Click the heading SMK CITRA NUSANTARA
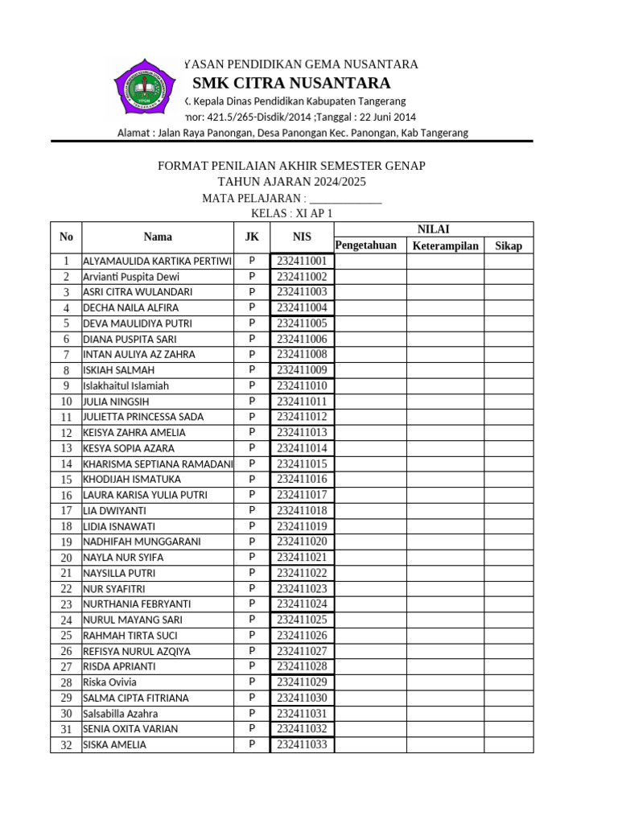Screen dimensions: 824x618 tap(291, 84)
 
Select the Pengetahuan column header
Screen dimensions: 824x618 tap(366, 245)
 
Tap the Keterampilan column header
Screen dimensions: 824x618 tap(445, 245)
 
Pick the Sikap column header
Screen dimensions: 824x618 tap(508, 245)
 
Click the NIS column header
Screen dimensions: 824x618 tap(302, 237)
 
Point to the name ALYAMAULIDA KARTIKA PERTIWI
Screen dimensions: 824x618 tap(157, 262)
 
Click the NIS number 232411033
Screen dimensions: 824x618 tap(302, 745)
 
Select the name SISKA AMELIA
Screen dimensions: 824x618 tap(115, 745)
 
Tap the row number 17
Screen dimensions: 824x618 tap(66, 511)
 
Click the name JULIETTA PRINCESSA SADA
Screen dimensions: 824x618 tap(143, 417)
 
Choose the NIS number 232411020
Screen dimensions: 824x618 tap(302, 542)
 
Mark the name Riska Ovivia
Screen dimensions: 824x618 tap(109, 682)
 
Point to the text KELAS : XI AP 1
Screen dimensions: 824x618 tap(291, 213)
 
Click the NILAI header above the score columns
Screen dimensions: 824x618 tap(433, 229)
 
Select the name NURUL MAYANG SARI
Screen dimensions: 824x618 tap(133, 620)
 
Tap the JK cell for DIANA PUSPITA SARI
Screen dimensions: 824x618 tap(252, 339)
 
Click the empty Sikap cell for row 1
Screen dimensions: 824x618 tap(508, 262)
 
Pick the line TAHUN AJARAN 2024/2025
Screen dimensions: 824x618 tap(291, 182)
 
